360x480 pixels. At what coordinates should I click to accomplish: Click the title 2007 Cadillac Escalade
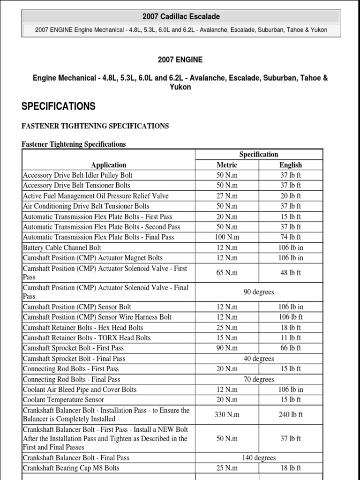click(x=181, y=17)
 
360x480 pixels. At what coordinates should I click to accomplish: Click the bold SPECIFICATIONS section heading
click(x=59, y=106)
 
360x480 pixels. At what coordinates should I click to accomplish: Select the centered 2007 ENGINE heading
click(x=180, y=60)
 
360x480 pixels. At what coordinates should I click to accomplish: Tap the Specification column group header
click(x=258, y=154)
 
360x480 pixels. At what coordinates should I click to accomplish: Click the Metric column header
click(x=227, y=165)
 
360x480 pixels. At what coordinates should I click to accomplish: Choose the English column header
click(x=290, y=165)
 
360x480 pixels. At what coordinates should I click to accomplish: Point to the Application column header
click(x=109, y=165)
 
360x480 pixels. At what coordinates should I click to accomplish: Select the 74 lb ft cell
click(x=290, y=237)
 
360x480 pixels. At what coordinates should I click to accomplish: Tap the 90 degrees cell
click(x=258, y=292)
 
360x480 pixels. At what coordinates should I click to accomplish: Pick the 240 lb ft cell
click(x=290, y=415)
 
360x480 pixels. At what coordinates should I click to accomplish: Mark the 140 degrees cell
click(x=258, y=457)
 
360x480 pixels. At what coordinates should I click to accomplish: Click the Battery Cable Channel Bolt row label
click(x=62, y=247)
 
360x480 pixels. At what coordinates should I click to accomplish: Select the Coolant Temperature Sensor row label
click(x=64, y=400)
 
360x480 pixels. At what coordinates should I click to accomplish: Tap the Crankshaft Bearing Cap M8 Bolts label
click(x=71, y=468)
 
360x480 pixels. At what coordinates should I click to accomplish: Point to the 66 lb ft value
click(x=290, y=348)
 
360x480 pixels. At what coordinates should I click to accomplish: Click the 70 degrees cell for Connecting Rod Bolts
click(x=258, y=379)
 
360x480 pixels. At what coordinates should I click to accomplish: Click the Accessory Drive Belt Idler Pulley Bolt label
click(x=78, y=175)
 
